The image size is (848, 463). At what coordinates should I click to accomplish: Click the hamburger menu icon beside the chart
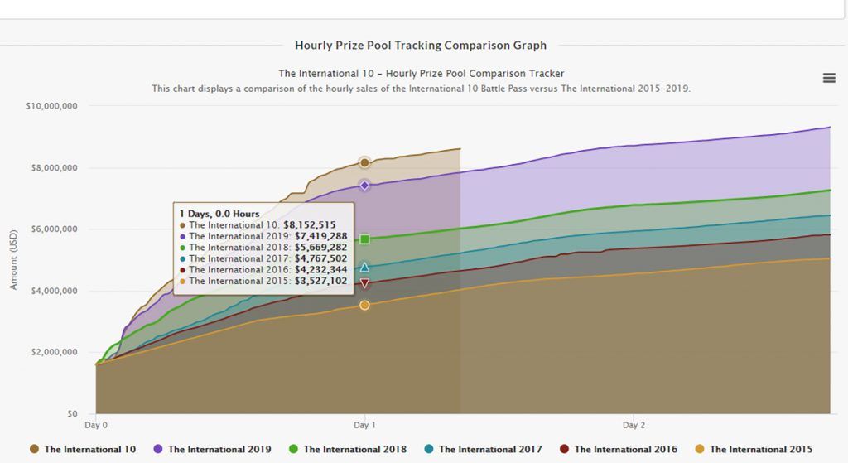[829, 78]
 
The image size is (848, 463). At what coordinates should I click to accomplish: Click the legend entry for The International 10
[82, 449]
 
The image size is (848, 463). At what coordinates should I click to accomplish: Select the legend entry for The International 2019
[212, 449]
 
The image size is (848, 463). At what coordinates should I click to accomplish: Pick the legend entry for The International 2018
[348, 449]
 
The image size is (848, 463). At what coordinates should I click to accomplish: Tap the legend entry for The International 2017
[483, 449]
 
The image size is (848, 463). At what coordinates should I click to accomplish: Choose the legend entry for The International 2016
[619, 449]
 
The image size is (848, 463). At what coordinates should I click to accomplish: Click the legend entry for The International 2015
[754, 449]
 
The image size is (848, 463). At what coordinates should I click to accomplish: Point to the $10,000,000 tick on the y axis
[52, 106]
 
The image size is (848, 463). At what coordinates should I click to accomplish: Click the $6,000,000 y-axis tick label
[52, 229]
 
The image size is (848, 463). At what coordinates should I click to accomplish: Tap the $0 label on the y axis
[72, 414]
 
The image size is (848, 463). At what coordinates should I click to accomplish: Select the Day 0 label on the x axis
[96, 425]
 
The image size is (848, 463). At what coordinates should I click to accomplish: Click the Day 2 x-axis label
[634, 425]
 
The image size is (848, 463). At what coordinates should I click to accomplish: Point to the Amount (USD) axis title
[13, 260]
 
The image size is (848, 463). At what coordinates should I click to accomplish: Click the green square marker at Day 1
[364, 239]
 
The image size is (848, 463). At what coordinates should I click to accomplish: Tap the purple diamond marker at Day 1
[364, 185]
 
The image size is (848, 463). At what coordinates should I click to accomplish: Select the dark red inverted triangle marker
[364, 283]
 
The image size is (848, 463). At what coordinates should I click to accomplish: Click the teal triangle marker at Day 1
[364, 268]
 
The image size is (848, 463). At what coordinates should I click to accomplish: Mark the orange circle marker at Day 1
[364, 306]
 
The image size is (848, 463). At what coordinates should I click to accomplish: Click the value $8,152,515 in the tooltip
[310, 224]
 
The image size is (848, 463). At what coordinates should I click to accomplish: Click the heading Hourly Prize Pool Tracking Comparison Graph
[421, 46]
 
